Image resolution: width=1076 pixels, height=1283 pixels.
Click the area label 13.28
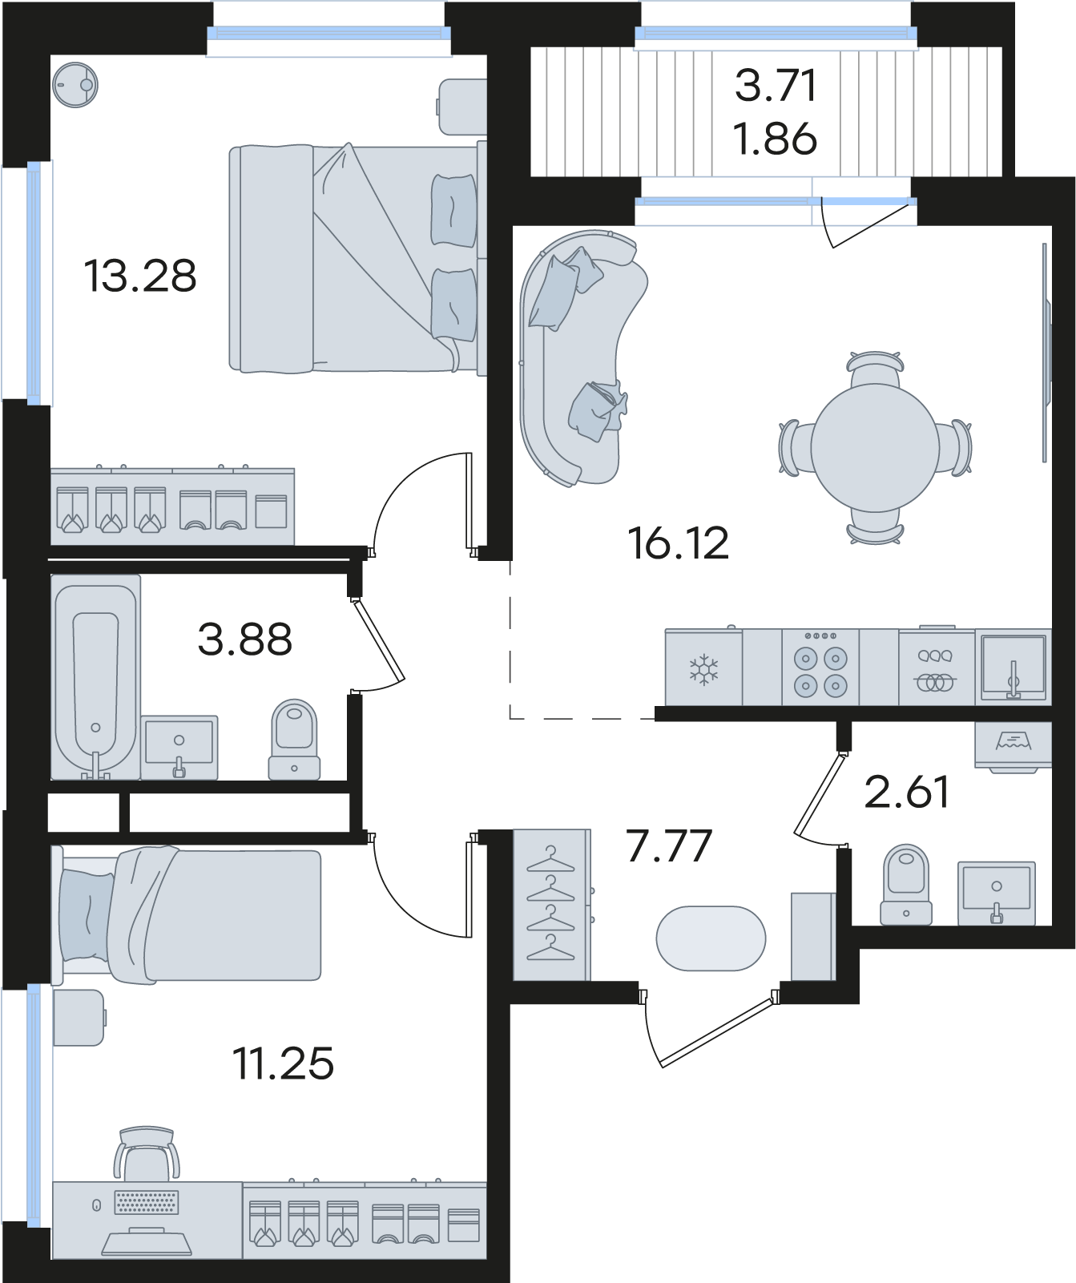[140, 276]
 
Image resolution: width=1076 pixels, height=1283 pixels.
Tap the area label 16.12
[679, 543]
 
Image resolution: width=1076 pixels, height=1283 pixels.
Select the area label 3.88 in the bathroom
[245, 639]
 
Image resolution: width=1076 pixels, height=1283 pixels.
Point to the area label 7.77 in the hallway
[670, 845]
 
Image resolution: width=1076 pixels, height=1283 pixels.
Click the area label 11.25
[283, 1063]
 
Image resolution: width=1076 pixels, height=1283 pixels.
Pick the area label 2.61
[907, 792]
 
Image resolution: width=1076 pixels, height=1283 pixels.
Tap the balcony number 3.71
[776, 86]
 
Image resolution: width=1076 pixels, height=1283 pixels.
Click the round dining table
[875, 447]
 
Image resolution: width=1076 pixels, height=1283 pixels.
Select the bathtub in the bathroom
[96, 677]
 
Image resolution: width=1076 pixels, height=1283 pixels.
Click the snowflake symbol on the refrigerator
[703, 668]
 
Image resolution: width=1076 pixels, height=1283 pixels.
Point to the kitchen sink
[1013, 668]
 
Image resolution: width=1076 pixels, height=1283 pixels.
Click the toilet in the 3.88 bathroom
[294, 740]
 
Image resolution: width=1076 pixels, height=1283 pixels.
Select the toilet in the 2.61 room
[905, 885]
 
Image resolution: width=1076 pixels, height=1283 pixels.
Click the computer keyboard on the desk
[147, 1204]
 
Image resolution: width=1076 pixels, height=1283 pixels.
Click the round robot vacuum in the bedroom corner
[75, 84]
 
